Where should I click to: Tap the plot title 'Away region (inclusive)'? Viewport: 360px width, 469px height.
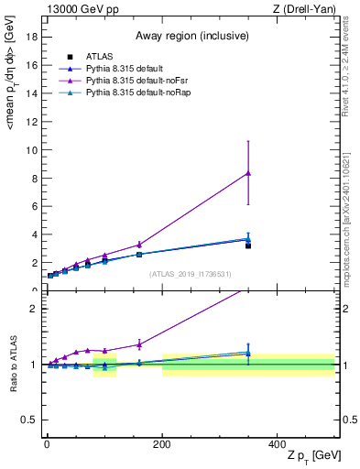[x=191, y=37]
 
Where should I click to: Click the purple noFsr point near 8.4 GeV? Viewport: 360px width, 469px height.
[x=248, y=173]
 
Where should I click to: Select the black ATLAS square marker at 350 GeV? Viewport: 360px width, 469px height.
[x=248, y=245]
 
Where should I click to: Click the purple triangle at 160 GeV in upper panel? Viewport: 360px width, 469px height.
[x=139, y=245]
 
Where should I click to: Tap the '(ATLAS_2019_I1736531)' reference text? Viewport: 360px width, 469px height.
[x=191, y=274]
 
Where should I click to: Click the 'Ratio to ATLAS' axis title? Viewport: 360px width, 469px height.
[x=14, y=365]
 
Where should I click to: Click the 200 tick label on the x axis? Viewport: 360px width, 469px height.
[x=162, y=444]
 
